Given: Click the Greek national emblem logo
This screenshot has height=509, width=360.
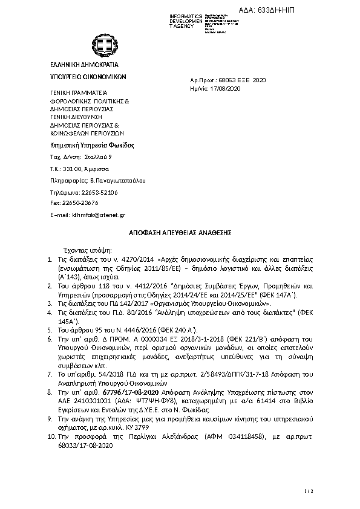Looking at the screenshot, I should [x=101, y=44].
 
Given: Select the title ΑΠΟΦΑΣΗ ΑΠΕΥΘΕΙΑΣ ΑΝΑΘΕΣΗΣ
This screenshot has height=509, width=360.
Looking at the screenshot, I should [x=180, y=233].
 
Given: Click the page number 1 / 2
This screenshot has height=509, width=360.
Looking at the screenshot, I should [x=308, y=491].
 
